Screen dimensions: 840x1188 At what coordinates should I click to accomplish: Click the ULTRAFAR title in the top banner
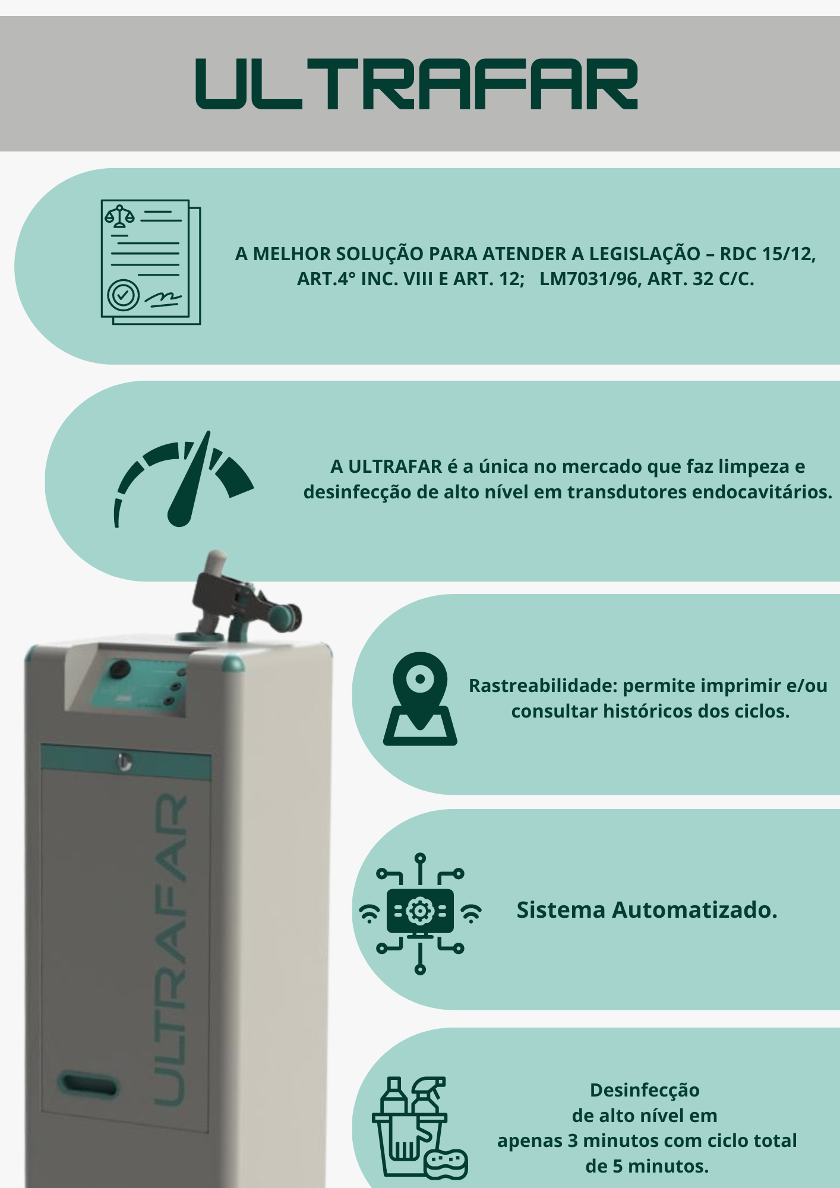tap(417, 84)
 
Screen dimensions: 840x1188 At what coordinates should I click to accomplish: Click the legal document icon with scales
tap(151, 262)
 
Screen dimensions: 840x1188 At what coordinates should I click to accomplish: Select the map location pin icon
tap(420, 699)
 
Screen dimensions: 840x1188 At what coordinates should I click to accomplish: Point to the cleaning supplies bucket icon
tap(419, 1127)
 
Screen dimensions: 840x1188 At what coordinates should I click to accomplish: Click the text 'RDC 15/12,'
tap(768, 254)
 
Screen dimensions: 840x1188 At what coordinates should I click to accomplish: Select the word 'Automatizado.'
tap(694, 910)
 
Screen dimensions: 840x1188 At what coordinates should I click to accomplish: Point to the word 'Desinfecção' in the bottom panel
tap(645, 1091)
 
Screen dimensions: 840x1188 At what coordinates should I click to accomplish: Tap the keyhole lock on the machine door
tap(124, 762)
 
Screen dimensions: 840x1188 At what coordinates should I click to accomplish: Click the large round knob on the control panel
tap(119, 669)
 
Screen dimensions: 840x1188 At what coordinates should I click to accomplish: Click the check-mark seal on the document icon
tap(124, 294)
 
